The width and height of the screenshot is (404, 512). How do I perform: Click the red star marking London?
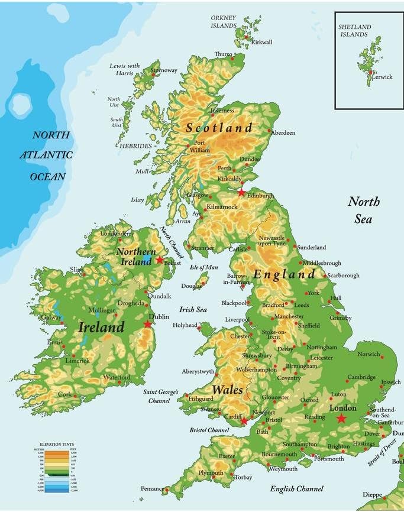[x=341, y=419]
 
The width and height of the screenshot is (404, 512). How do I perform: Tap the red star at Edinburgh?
[x=241, y=193]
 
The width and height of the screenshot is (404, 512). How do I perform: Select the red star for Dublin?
[x=148, y=324]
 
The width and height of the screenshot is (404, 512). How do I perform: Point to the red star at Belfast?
[x=160, y=260]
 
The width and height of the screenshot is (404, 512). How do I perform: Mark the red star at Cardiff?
[x=244, y=422]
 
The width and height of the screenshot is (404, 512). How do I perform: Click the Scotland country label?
[x=219, y=128]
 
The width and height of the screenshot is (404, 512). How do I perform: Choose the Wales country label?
[x=227, y=390]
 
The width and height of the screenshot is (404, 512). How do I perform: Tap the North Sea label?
[x=363, y=210]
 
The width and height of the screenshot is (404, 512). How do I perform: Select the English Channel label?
[x=296, y=488]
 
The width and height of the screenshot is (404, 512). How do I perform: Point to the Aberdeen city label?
[x=283, y=133]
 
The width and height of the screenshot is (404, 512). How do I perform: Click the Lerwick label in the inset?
[x=382, y=77]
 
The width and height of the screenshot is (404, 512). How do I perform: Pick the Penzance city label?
[x=152, y=489]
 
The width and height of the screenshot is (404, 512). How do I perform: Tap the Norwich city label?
[x=369, y=354]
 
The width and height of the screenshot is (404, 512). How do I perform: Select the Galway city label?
[x=51, y=317]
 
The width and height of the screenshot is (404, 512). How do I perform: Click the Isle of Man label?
[x=203, y=267]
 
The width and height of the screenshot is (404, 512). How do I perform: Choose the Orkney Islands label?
[x=223, y=22]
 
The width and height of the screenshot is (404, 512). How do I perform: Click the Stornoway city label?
[x=164, y=70]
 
